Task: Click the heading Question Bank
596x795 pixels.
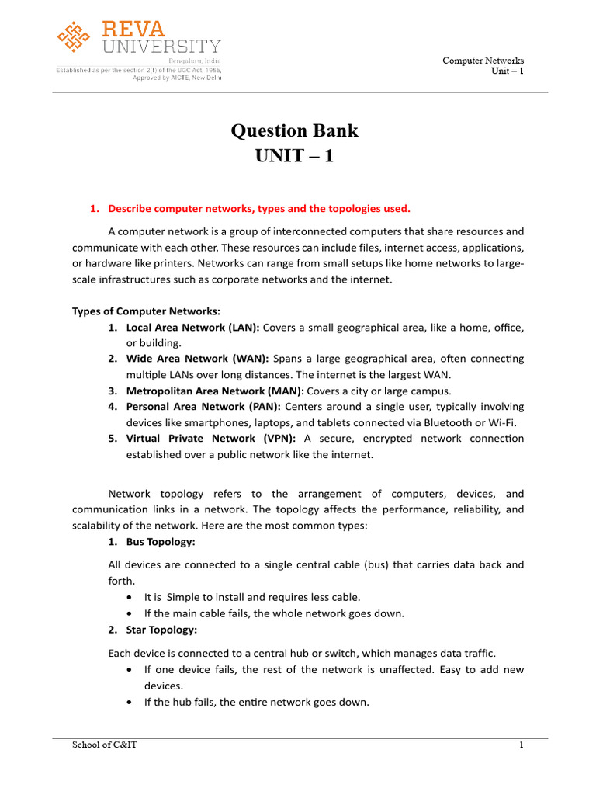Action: [294, 130]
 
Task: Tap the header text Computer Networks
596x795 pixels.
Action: [483, 60]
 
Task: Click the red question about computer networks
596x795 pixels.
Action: [258, 208]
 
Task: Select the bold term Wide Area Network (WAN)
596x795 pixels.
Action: [197, 359]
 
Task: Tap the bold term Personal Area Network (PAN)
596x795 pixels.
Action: [203, 406]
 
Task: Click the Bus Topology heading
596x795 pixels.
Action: [161, 540]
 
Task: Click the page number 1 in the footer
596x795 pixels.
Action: [521, 745]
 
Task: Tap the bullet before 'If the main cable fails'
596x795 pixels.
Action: [128, 613]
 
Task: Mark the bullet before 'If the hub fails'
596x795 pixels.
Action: [128, 703]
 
